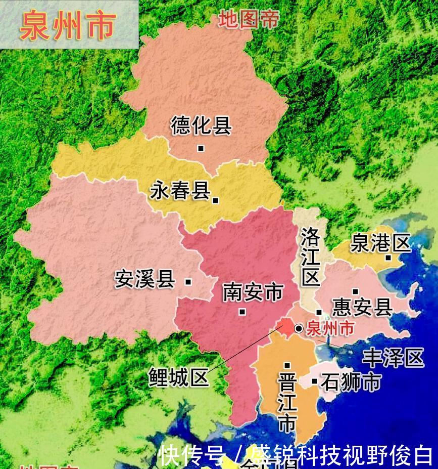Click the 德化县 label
201,125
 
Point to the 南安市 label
253,292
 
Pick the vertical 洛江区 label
310,256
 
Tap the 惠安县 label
362,307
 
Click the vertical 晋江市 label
287,402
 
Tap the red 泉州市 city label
330,328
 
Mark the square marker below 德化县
201,148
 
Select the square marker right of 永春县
216,200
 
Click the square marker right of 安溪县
188,282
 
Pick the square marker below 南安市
242,312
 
